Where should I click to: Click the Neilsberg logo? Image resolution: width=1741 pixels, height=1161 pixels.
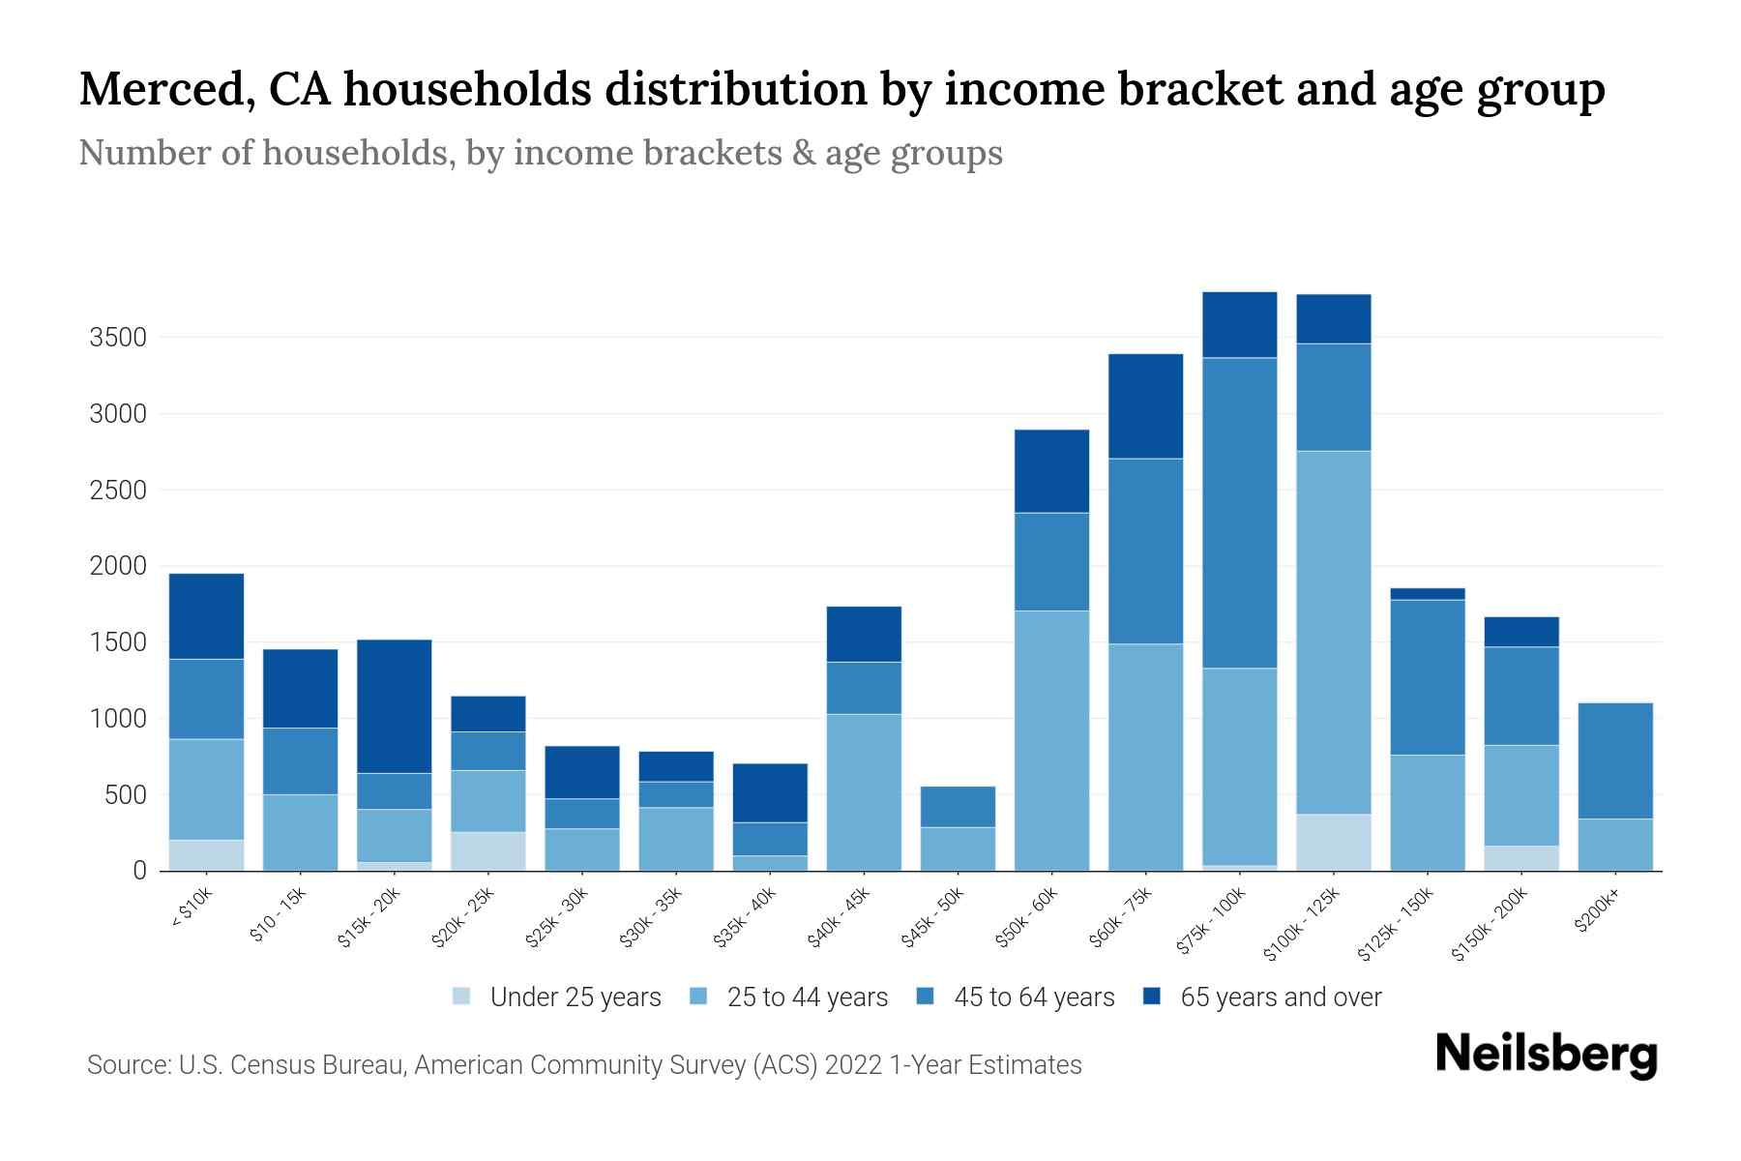[1546, 1055]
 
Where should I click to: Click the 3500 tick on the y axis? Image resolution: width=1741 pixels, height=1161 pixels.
[118, 338]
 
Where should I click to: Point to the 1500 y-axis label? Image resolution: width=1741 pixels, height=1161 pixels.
[118, 642]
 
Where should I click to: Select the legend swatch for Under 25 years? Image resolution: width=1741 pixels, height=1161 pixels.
[462, 997]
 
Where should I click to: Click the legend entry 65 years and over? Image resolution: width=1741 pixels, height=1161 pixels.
[1280, 997]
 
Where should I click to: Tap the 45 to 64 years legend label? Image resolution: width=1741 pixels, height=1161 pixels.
[1033, 997]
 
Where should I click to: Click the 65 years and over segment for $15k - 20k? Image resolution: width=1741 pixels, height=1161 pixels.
[395, 706]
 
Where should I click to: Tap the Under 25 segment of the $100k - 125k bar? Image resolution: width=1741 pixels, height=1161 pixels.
[1334, 842]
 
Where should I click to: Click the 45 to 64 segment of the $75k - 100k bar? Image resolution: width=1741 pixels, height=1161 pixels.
[1240, 513]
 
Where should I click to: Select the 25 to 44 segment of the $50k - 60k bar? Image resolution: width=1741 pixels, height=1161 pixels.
[1051, 740]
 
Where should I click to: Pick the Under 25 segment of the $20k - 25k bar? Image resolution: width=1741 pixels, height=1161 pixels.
[488, 851]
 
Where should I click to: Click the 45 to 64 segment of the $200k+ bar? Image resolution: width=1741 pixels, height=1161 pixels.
[1615, 760]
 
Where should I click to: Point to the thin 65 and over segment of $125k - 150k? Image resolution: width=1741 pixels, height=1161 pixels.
[1428, 594]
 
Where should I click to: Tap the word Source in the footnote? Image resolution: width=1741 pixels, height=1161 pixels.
[128, 1065]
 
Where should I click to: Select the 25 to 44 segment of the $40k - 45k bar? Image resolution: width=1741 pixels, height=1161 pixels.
[864, 791]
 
